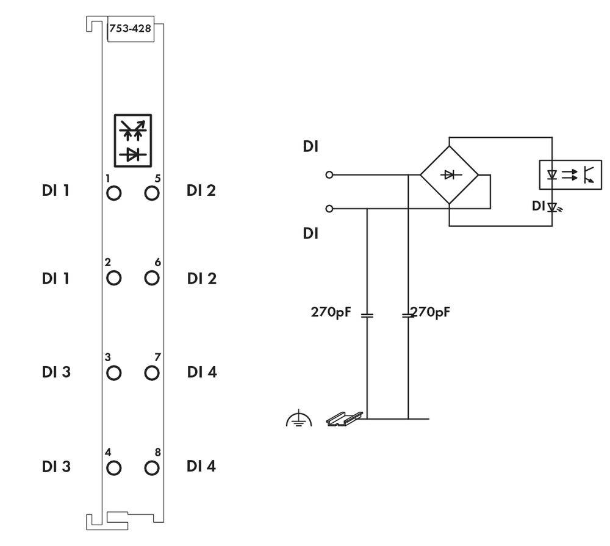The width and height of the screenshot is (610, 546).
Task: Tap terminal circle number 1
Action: pos(113,193)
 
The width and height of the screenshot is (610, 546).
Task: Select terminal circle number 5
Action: pos(152,193)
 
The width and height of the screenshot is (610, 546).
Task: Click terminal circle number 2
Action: pos(113,278)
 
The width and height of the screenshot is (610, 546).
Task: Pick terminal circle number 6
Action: pos(152,278)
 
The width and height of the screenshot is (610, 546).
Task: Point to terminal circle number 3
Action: pos(113,372)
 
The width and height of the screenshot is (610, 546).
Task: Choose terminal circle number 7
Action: pos(152,372)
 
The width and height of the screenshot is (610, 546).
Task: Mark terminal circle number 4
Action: pos(113,468)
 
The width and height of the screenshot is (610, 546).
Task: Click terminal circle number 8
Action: pos(152,468)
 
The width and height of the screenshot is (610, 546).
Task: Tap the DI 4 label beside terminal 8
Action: pos(202,467)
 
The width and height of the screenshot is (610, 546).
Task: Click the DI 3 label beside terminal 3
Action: pos(56,372)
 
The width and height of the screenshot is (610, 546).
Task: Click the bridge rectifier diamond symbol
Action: pos(450,175)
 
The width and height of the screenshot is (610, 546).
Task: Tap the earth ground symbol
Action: pos(299,420)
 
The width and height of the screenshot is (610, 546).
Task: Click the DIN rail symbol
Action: pos(345,418)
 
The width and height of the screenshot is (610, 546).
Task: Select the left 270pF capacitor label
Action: pos(331,313)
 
